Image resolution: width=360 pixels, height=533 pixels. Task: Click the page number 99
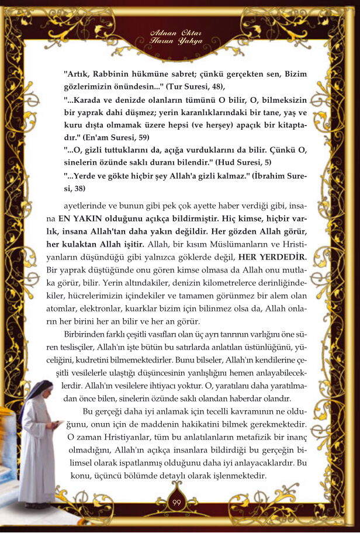176,504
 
